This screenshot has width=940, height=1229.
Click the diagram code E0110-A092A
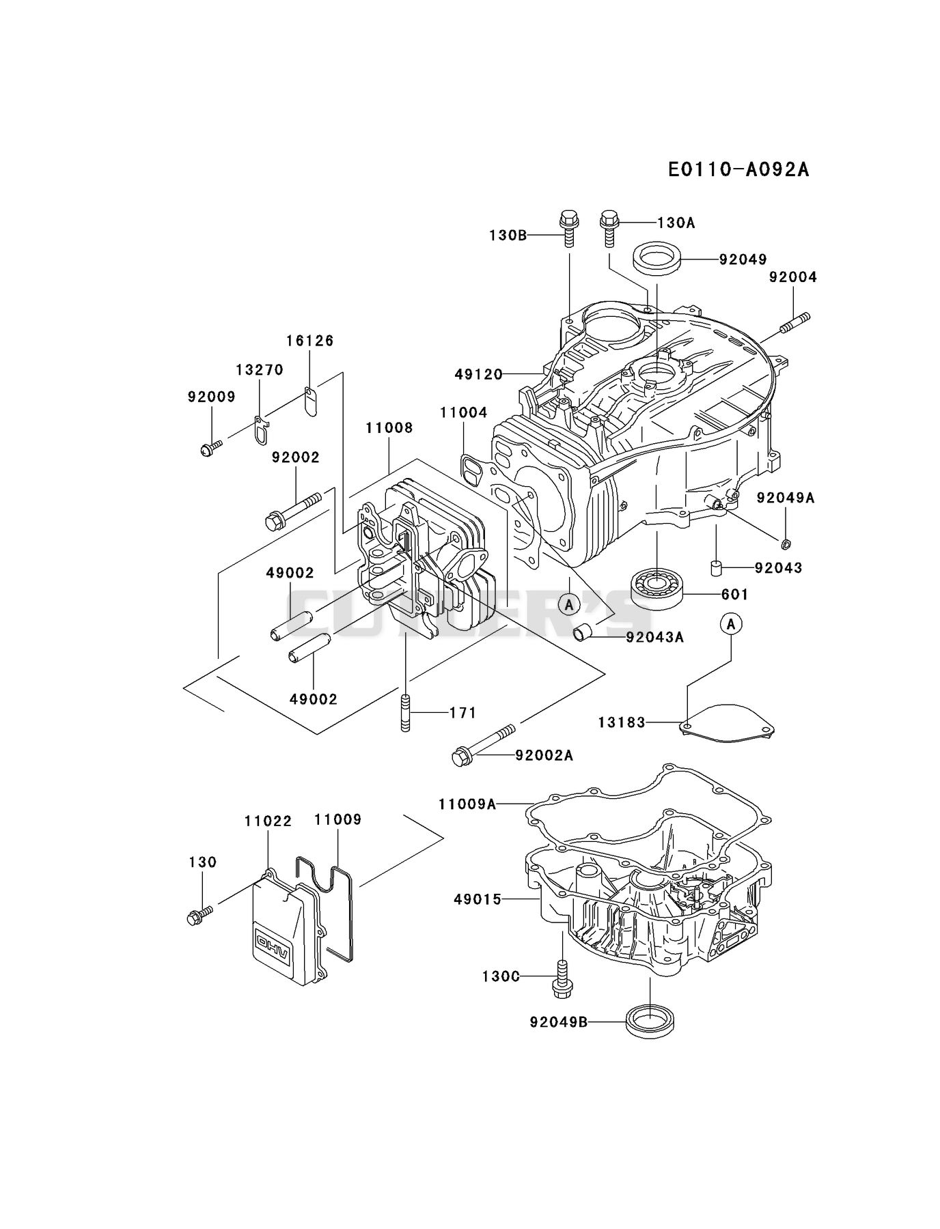pyautogui.click(x=738, y=169)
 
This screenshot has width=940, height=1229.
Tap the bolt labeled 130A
pyautogui.click(x=609, y=227)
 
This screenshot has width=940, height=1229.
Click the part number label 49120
pyautogui.click(x=478, y=374)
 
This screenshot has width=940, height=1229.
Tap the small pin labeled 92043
pyautogui.click(x=716, y=568)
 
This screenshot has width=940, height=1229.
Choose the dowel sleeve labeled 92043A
pyautogui.click(x=583, y=632)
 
